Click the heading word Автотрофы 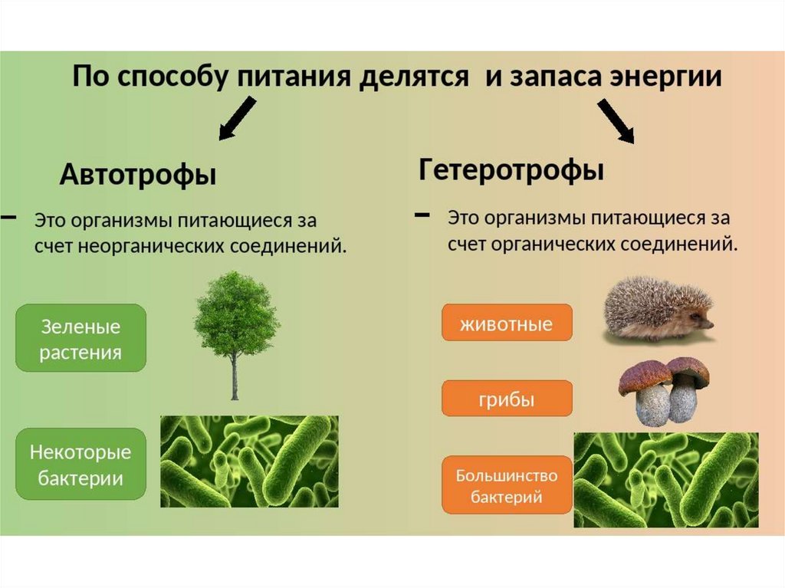pos(138,176)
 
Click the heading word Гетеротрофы pos(511,169)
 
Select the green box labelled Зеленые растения pos(80,338)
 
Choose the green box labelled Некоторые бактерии pos(80,464)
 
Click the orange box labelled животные pos(506,323)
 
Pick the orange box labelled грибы pos(506,399)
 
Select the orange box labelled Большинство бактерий pos(506,486)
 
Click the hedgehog pos(655,310)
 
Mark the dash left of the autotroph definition pos(8,218)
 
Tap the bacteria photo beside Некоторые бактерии pos(249,462)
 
